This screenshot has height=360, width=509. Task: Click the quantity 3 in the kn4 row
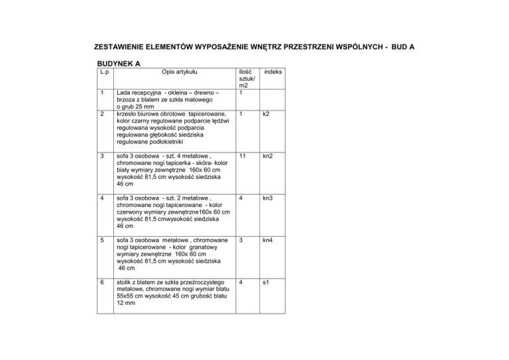click(243, 239)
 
